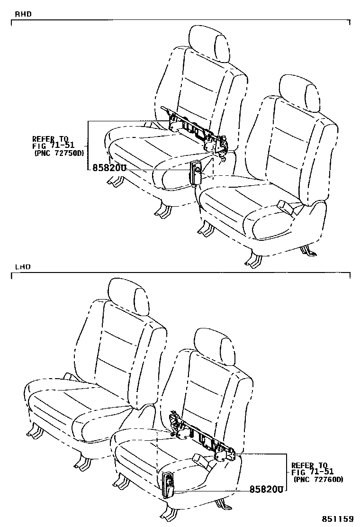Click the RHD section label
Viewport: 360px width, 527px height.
coord(23,14)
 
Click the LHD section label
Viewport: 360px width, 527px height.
coord(23,266)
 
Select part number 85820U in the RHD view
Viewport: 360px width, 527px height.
coord(109,167)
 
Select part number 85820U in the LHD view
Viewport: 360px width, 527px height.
coord(267,489)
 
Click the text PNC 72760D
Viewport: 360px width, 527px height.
coord(318,480)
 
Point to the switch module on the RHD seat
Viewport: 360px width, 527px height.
coord(196,173)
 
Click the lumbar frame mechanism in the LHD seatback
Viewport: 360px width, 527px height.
coord(203,437)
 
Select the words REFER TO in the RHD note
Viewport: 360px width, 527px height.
coord(50,139)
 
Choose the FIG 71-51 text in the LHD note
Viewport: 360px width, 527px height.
coord(312,472)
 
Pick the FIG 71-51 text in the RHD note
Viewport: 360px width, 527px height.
coord(53,146)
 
